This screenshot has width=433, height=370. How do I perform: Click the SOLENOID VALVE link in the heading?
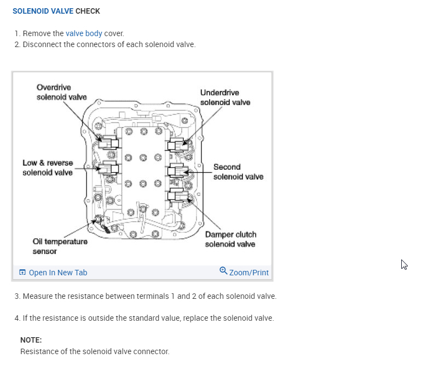43,11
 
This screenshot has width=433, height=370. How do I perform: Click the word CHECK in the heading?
88,11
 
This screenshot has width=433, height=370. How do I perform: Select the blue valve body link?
84,33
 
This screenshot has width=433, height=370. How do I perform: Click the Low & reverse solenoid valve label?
48,167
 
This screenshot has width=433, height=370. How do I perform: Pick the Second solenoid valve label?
238,171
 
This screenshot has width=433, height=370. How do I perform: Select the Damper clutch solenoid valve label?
230,239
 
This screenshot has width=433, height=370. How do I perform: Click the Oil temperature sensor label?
60,246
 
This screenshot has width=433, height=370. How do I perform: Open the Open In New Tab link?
57,273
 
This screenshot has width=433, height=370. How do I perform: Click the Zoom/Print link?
249,273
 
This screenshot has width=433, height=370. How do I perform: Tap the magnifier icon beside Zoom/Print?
223,271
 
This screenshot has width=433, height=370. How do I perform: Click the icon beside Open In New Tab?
22,273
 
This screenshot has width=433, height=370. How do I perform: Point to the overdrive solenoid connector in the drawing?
108,142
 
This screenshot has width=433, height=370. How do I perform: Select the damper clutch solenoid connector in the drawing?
178,195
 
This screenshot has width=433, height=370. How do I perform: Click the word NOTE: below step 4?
31,340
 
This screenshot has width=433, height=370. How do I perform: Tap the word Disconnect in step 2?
42,44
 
